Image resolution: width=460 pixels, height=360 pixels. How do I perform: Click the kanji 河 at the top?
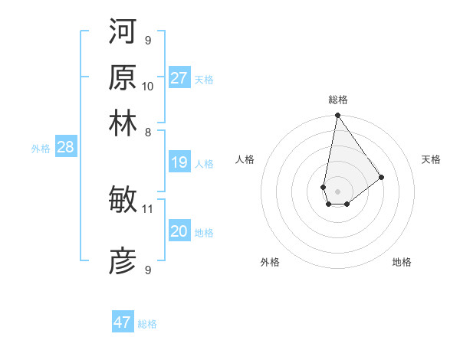coord(123,32)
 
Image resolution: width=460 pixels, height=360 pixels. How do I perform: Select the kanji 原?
coord(123,77)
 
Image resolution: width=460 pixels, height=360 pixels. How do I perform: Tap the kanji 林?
coord(123,123)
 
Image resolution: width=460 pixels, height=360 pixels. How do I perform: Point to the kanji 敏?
coord(123,199)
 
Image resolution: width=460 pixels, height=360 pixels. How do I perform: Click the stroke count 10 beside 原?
coord(148,87)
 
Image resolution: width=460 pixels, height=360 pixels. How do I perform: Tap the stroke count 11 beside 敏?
coord(148,208)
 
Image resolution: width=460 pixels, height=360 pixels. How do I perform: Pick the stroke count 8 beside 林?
coord(148,133)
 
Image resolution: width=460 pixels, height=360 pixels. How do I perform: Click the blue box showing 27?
coord(179,78)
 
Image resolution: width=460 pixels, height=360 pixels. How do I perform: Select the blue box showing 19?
coord(179,162)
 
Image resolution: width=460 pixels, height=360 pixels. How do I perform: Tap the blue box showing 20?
coord(179,231)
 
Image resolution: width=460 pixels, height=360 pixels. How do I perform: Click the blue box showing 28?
coord(65,148)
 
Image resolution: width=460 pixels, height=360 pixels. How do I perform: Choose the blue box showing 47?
coord(123,322)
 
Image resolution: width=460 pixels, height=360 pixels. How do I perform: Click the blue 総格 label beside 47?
coord(147,324)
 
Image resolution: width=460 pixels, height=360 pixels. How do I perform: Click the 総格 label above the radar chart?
coord(338,100)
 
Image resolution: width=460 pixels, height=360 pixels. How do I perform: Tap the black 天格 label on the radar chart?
coord(431,159)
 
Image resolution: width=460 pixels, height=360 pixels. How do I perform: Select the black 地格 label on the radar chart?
coord(402,263)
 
